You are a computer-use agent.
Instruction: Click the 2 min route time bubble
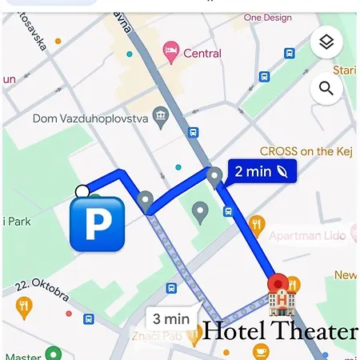(x=261, y=170)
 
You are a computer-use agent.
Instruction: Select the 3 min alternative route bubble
(x=171, y=318)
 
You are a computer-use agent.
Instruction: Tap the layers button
(x=326, y=42)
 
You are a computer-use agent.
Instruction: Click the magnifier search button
(x=326, y=88)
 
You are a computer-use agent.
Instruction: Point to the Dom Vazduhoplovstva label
(x=89, y=118)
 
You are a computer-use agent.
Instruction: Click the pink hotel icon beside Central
(x=170, y=53)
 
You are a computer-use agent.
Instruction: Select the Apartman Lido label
(x=306, y=235)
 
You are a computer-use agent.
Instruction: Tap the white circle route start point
(x=82, y=190)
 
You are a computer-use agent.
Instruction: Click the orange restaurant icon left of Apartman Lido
(x=256, y=223)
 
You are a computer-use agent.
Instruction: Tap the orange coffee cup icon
(x=261, y=350)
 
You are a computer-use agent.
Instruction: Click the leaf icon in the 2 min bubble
(x=283, y=170)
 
